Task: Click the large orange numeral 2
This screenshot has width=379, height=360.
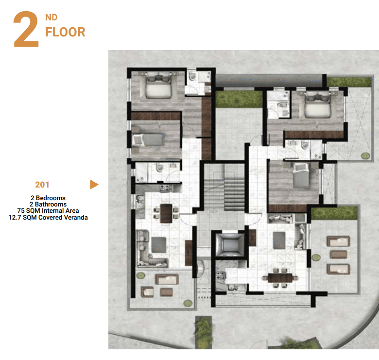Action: pyautogui.click(x=26, y=29)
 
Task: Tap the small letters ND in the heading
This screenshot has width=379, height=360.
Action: pyautogui.click(x=51, y=17)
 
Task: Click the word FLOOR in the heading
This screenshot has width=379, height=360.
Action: pyautogui.click(x=65, y=32)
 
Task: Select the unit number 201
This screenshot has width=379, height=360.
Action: pyautogui.click(x=42, y=185)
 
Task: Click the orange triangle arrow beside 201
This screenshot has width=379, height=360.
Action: pyautogui.click(x=94, y=185)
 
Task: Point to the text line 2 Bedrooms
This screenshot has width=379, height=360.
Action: pyautogui.click(x=48, y=198)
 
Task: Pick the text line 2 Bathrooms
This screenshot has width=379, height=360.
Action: pyautogui.click(x=48, y=204)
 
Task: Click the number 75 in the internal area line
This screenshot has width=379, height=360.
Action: pyautogui.click(x=21, y=211)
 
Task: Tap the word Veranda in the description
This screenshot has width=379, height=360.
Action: pyautogui.click(x=75, y=218)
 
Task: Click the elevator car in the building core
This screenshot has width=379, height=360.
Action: pyautogui.click(x=229, y=244)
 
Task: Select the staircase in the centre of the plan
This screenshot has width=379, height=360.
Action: pyautogui.click(x=224, y=187)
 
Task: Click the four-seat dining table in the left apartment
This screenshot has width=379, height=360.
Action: pyautogui.click(x=166, y=213)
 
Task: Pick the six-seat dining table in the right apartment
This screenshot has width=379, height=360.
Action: pyautogui.click(x=280, y=278)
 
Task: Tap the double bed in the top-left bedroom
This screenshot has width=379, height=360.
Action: pyautogui.click(x=158, y=86)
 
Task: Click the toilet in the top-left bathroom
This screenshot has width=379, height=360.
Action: pyautogui.click(x=192, y=76)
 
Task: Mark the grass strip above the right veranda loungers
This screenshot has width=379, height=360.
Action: pyautogui.click(x=334, y=213)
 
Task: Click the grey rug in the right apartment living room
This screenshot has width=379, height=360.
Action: pyautogui.click(x=279, y=240)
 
